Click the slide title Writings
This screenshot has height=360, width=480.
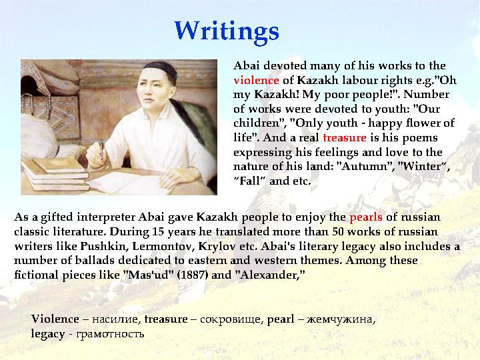pyautogui.click(x=226, y=31)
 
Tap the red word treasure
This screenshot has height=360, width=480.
pyautogui.click(x=344, y=138)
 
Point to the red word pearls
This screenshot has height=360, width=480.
pyautogui.click(x=365, y=217)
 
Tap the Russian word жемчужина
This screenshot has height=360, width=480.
pyautogui.click(x=342, y=319)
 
